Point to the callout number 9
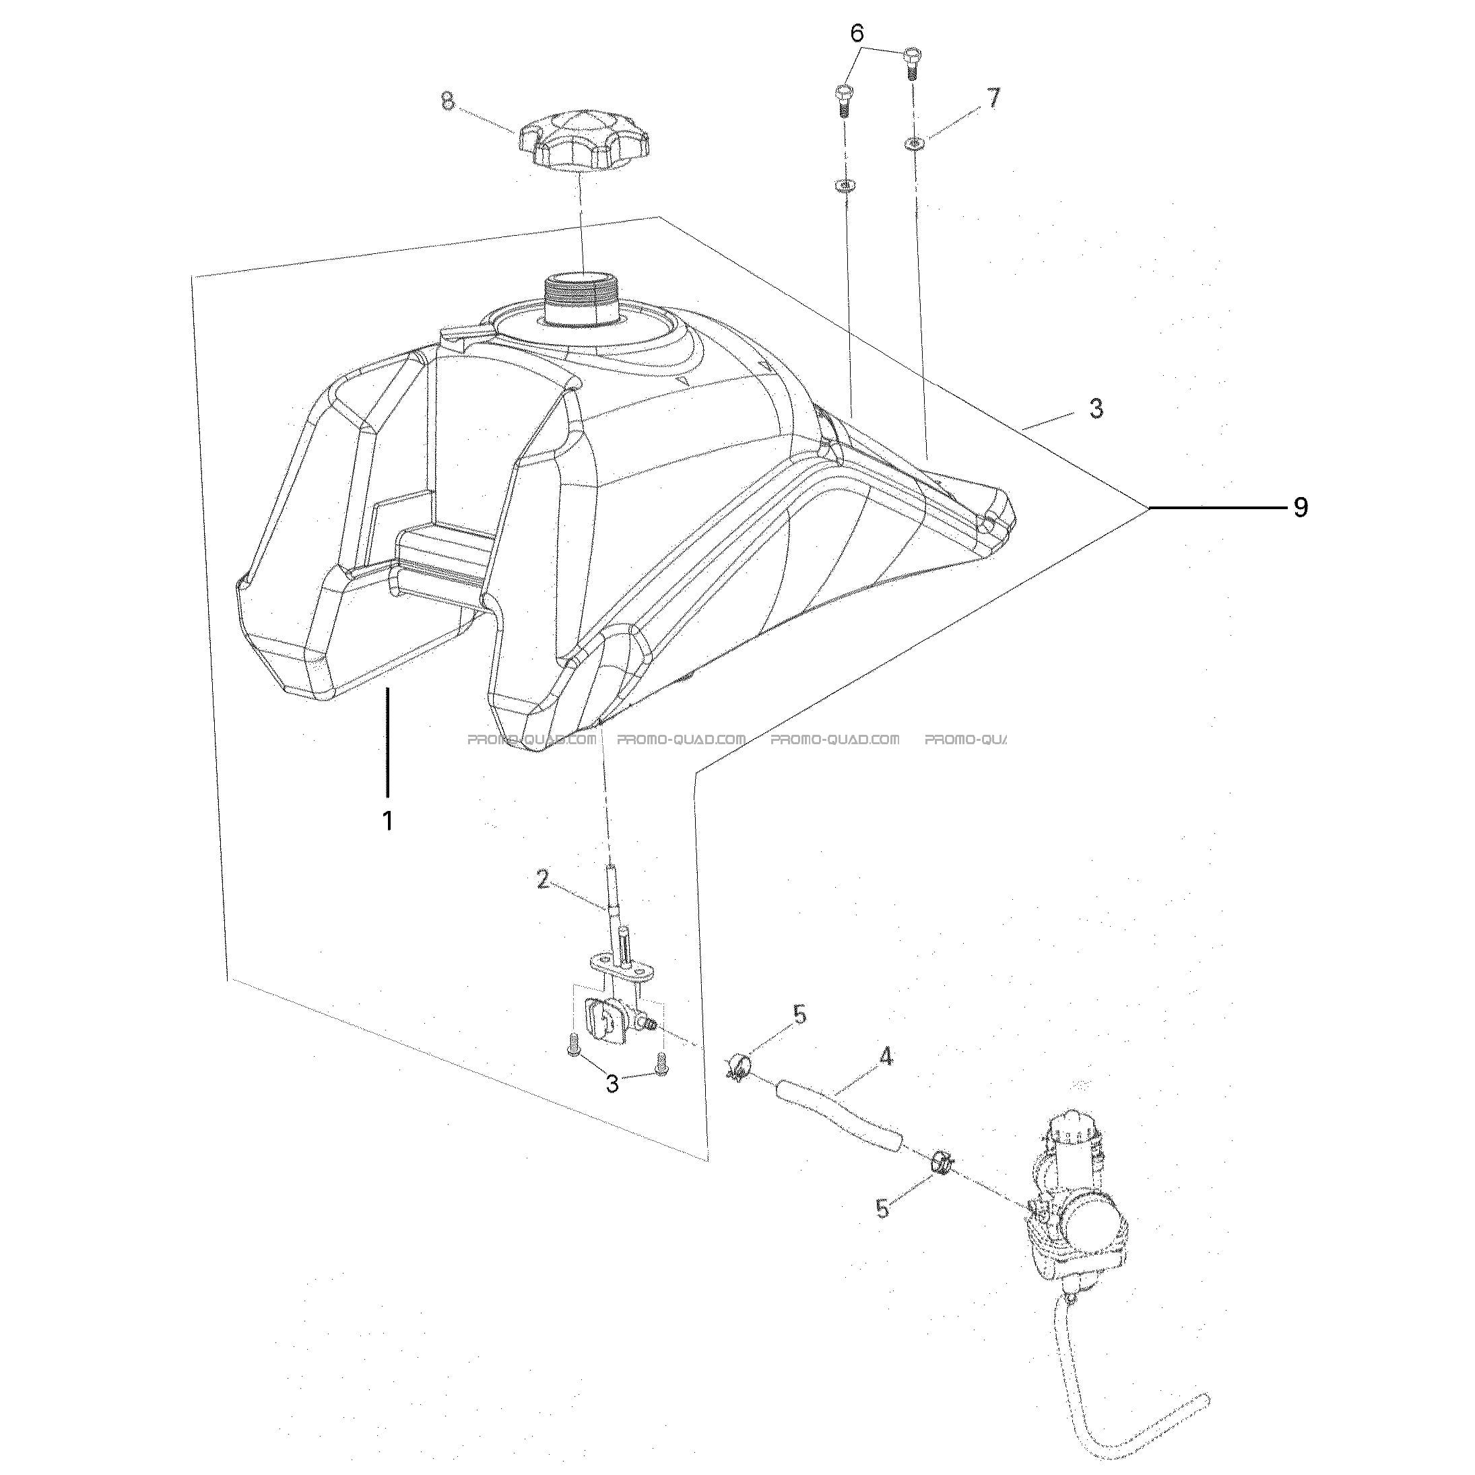pyautogui.click(x=1300, y=507)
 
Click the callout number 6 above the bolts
pyautogui.click(x=857, y=33)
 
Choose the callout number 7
pyautogui.click(x=993, y=98)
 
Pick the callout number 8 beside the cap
pyautogui.click(x=448, y=101)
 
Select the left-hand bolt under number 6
pyautogui.click(x=843, y=99)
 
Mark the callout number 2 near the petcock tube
pyautogui.click(x=542, y=880)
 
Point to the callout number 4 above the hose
pyautogui.click(x=886, y=1057)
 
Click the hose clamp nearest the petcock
pyautogui.click(x=738, y=1068)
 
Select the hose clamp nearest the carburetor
pyautogui.click(x=942, y=1165)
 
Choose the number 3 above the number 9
pyautogui.click(x=1096, y=407)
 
